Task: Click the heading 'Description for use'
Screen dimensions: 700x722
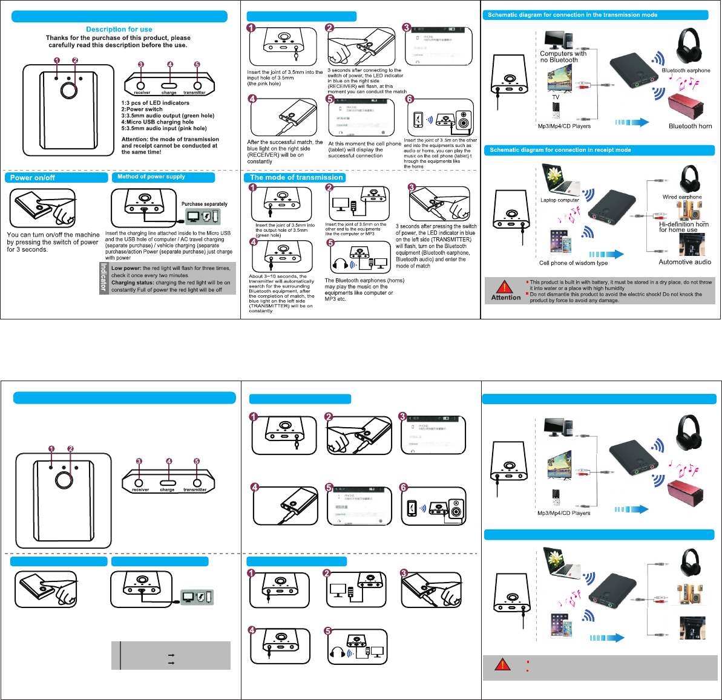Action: (119, 29)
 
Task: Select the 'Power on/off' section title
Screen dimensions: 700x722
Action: (33, 178)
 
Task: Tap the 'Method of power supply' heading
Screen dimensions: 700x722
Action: (151, 177)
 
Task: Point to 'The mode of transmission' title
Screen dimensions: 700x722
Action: (297, 177)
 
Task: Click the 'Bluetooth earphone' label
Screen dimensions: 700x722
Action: (686, 71)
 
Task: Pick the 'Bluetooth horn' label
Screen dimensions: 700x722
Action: (690, 126)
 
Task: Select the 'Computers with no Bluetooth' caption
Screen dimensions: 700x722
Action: (563, 57)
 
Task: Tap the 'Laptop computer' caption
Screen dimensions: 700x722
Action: (560, 200)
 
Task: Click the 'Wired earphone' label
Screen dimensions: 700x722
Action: (682, 197)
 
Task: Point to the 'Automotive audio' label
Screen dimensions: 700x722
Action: (684, 262)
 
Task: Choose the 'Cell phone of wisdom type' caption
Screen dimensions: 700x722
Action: (573, 263)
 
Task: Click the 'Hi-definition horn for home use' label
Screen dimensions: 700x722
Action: (684, 227)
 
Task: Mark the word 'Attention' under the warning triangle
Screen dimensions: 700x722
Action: (506, 298)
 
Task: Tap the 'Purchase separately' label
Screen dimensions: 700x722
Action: (205, 204)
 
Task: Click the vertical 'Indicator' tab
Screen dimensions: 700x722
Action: (103, 278)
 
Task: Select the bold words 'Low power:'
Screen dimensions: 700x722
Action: (126, 268)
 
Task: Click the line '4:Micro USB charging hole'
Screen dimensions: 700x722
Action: (157, 122)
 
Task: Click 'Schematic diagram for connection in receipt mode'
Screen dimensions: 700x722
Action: (560, 150)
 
